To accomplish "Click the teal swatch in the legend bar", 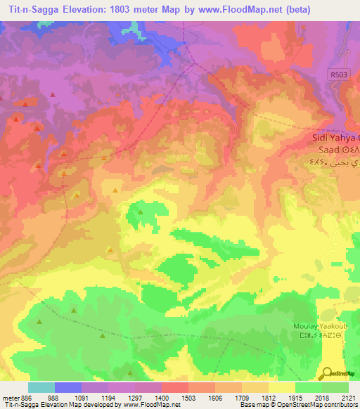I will pyautogui.click(x=41, y=387).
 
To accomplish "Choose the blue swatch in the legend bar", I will pyautogui.click(x=67, y=387).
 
